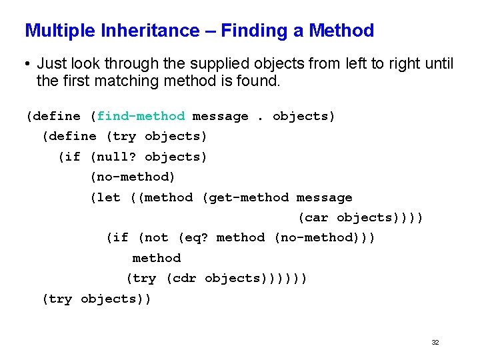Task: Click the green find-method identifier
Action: (141, 116)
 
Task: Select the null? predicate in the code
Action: (117, 157)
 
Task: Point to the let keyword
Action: (109, 197)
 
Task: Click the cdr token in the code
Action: (185, 278)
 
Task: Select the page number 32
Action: (435, 342)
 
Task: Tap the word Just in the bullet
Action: (51, 64)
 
